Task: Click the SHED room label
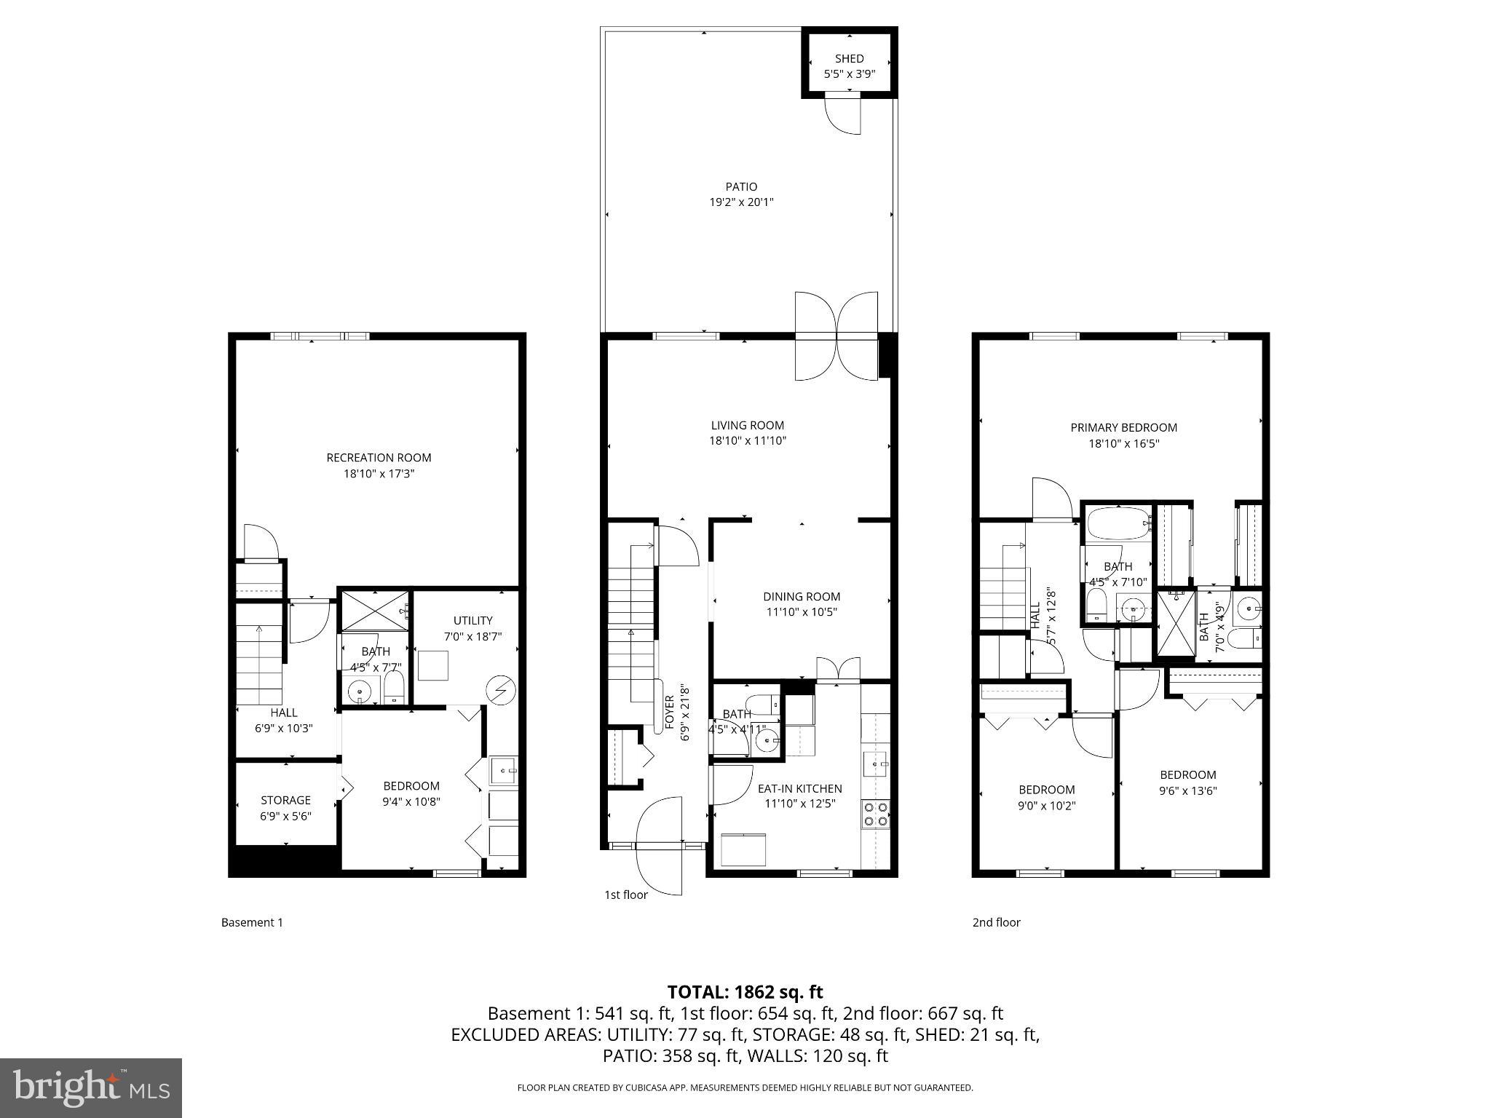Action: tap(849, 58)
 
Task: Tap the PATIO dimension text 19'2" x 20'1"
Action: tap(741, 202)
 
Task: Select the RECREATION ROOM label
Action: tap(379, 458)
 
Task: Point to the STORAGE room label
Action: tap(285, 800)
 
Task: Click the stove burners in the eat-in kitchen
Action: tap(875, 814)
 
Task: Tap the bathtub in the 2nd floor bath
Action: tap(1117, 523)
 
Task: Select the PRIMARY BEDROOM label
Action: tap(1123, 428)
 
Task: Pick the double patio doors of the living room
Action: tap(836, 336)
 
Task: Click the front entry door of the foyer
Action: tap(660, 844)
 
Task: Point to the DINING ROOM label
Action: tap(802, 596)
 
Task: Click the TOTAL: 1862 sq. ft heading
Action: tap(745, 991)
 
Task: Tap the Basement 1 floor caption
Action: tap(252, 922)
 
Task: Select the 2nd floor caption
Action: tap(996, 922)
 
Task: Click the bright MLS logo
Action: tap(91, 1087)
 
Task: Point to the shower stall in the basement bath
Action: tap(375, 609)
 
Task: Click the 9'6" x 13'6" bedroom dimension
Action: tap(1187, 791)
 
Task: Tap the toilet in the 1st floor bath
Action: tap(763, 704)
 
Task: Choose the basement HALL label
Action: tap(284, 713)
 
